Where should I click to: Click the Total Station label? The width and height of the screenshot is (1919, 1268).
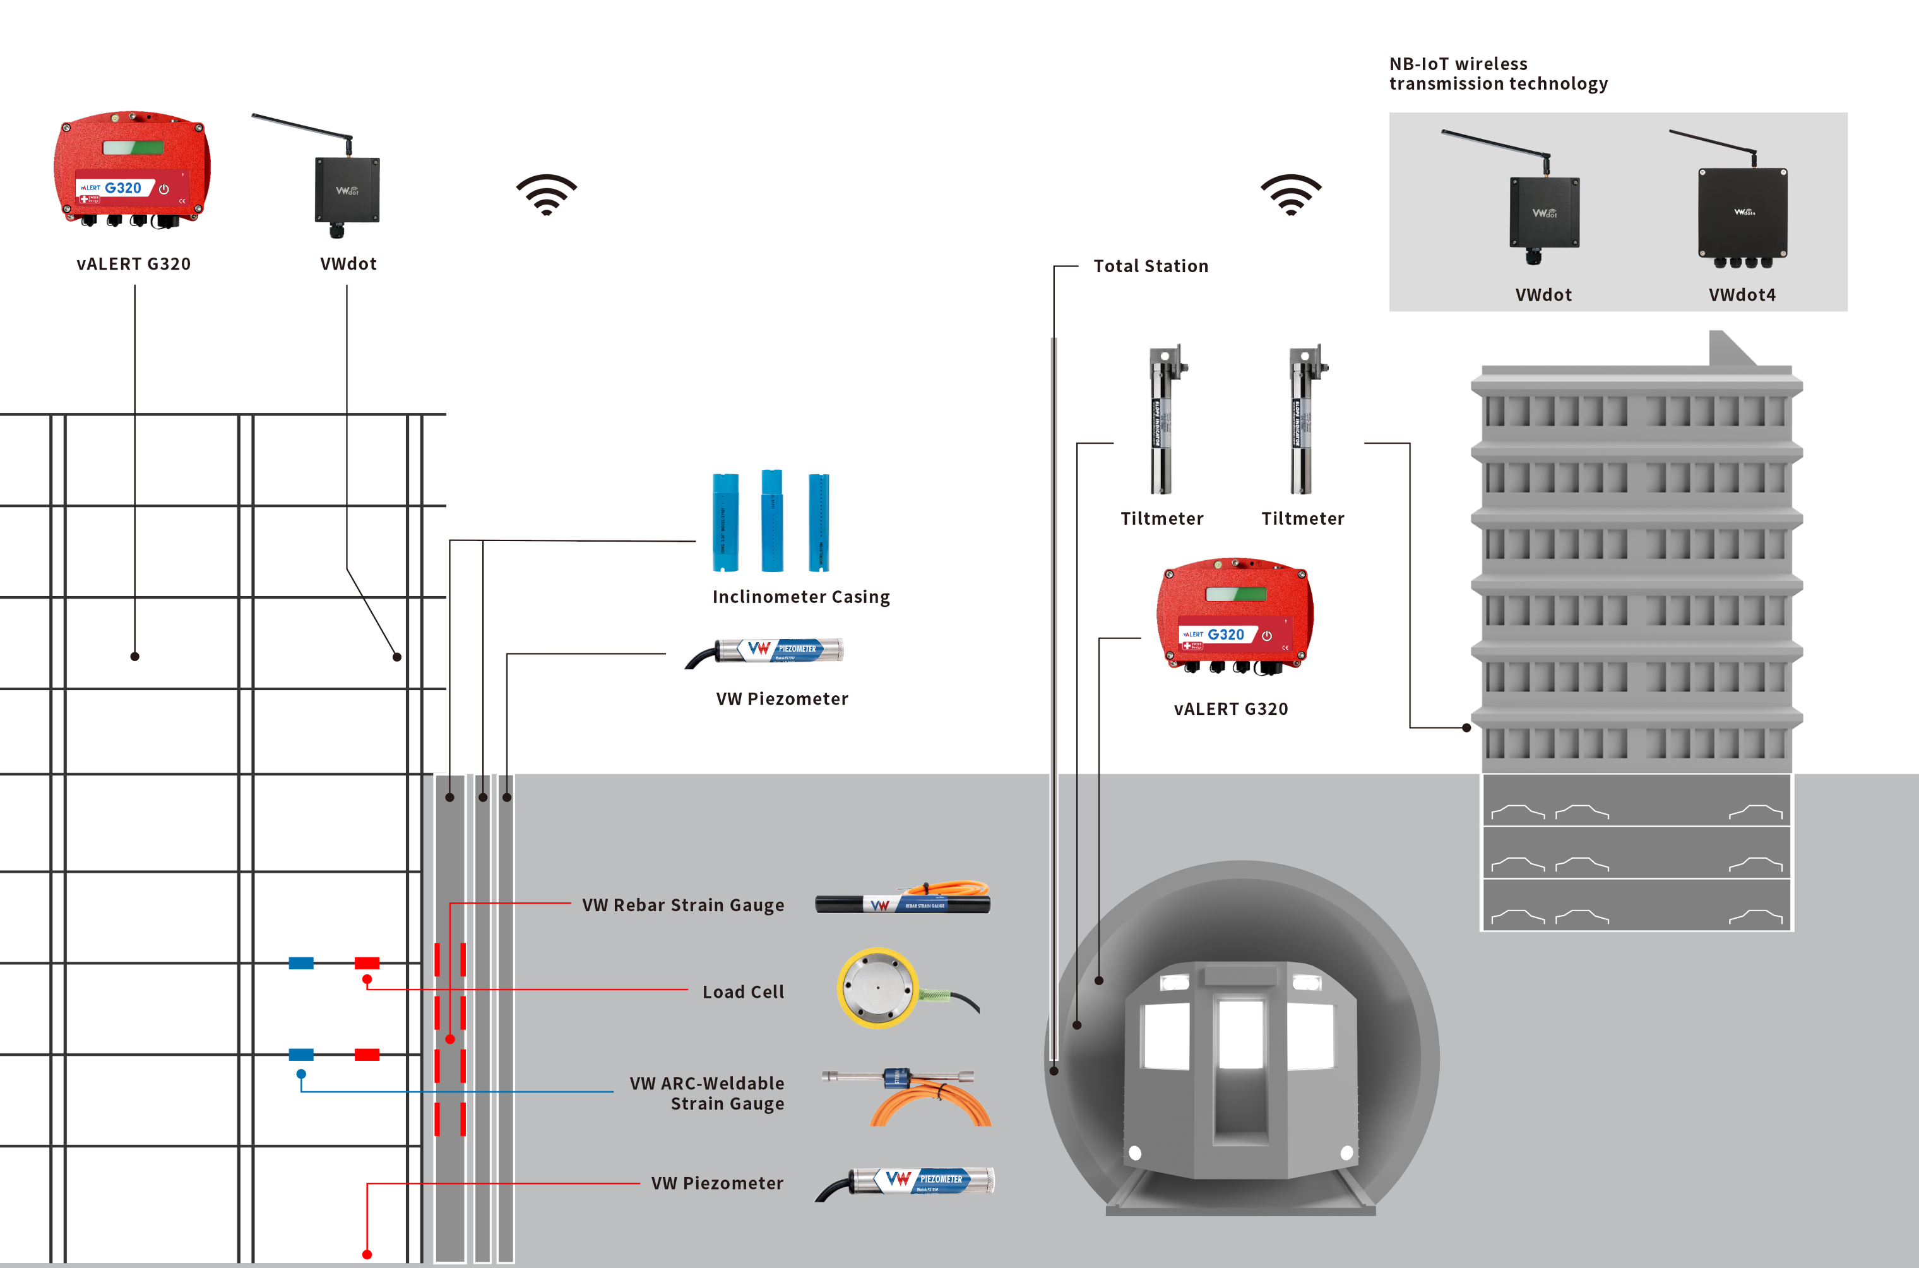tap(1150, 266)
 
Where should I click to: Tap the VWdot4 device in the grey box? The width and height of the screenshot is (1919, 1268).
tap(1742, 213)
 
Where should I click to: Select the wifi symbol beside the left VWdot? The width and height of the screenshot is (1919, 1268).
tap(547, 194)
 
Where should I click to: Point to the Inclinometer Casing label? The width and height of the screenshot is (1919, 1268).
tap(800, 597)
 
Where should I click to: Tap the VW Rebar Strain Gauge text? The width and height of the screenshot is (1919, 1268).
tap(682, 905)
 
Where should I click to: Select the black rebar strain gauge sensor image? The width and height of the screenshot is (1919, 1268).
tap(902, 903)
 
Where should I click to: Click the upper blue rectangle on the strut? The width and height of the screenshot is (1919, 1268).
tap(300, 963)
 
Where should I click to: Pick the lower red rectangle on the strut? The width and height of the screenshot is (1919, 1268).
tap(367, 1055)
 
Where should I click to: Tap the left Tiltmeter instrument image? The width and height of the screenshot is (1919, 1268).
tap(1162, 420)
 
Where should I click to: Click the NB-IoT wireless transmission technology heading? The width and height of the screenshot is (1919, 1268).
tap(1498, 74)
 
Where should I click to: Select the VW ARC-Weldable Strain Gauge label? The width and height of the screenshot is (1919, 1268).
tap(706, 1093)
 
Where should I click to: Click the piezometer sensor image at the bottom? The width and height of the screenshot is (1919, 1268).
tap(913, 1182)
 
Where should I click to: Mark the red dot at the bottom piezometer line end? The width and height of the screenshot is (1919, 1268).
tap(367, 1254)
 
